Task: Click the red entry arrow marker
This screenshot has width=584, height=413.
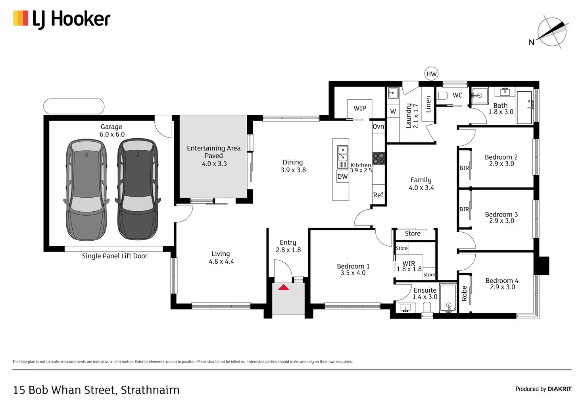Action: coord(283,287)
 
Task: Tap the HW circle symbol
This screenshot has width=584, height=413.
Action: coord(431,74)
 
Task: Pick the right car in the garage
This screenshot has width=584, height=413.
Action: coord(138,189)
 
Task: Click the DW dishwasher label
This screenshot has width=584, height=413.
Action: coord(342,177)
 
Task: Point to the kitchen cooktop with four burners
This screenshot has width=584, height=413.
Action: coord(378,158)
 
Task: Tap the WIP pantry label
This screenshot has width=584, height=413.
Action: coord(360,108)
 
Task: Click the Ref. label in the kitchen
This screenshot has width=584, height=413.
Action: coord(378,195)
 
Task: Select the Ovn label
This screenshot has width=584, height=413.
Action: coord(378,127)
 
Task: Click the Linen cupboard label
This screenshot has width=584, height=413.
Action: coord(428,104)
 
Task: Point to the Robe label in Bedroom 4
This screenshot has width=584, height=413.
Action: coord(464,293)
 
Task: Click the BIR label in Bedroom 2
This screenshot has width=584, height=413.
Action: coord(464,168)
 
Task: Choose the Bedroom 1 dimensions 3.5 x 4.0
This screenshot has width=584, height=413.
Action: coord(353,273)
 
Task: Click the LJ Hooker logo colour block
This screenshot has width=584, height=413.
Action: coord(20,18)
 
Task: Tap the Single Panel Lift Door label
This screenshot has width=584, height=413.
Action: coord(115,256)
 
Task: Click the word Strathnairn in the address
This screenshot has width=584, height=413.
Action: coord(150,390)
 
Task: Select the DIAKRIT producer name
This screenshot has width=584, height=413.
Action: coord(559,389)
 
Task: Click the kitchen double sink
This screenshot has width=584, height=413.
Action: coord(342,157)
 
